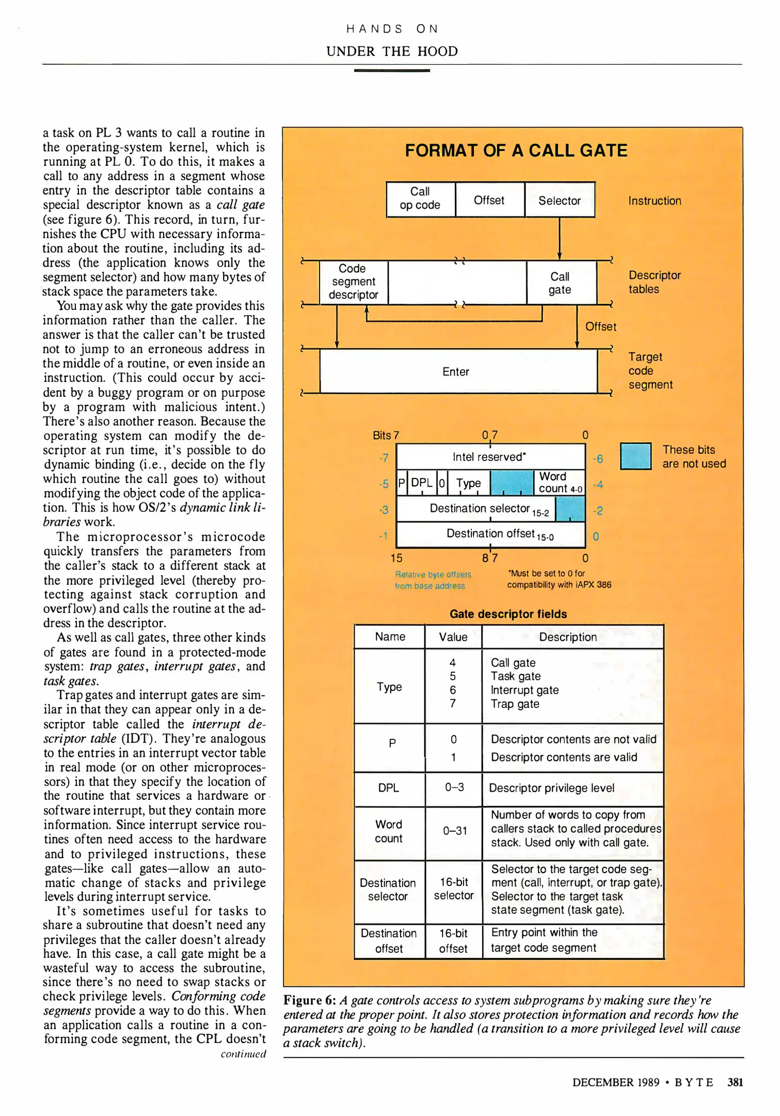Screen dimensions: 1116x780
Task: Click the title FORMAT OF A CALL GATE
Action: (516, 150)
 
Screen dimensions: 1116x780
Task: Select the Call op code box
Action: (420, 199)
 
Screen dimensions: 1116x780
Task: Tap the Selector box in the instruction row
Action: (560, 200)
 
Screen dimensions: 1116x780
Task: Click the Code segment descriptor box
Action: (354, 282)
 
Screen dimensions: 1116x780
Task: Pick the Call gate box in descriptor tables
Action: (561, 283)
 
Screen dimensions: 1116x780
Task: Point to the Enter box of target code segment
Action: (456, 371)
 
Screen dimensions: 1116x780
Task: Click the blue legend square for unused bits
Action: (635, 456)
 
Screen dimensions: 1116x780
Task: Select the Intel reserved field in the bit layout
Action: (489, 457)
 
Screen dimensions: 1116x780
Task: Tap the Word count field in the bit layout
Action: (560, 483)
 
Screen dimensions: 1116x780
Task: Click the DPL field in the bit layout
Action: (421, 483)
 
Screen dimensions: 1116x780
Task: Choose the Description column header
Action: (568, 637)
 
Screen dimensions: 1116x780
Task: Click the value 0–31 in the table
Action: (454, 831)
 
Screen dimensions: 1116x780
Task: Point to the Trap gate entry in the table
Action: (515, 704)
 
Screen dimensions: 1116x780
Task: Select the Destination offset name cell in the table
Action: (389, 941)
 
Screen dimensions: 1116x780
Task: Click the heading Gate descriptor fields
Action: (508, 614)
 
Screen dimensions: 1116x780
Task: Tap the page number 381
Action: (735, 1082)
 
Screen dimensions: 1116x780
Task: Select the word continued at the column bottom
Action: (243, 1054)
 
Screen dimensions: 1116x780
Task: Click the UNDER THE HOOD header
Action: (392, 51)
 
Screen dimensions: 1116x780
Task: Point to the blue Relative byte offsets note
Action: (433, 580)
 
